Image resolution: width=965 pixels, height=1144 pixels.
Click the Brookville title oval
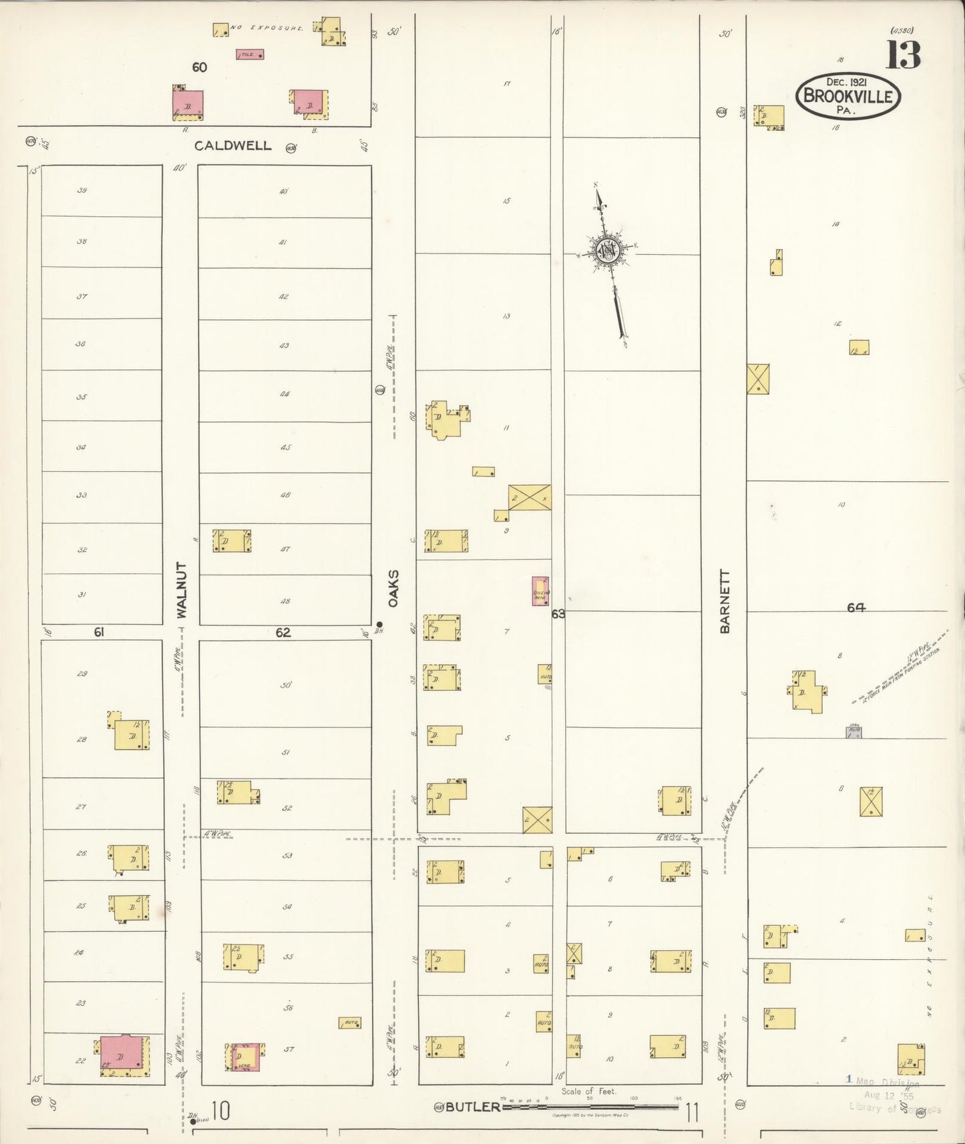click(x=848, y=97)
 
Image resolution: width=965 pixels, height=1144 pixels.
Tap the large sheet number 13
click(x=904, y=55)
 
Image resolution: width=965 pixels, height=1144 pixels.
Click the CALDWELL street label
click(x=233, y=146)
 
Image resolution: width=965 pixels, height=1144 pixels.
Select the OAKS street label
click(x=394, y=588)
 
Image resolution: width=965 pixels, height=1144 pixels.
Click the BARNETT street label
click(x=725, y=601)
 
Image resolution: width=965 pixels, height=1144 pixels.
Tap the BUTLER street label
click(x=473, y=1107)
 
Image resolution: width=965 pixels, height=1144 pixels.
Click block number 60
click(x=199, y=67)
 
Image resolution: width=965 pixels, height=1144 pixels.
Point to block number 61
click(x=99, y=632)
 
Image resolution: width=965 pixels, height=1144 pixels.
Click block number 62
click(x=283, y=632)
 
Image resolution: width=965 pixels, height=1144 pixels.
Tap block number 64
click(x=856, y=607)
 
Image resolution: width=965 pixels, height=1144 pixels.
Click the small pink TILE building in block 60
click(x=250, y=55)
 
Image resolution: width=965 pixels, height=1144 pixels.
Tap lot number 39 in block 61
click(x=81, y=190)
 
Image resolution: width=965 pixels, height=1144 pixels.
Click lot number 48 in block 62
click(x=285, y=601)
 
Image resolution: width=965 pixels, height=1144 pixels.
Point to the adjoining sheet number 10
click(x=221, y=1111)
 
